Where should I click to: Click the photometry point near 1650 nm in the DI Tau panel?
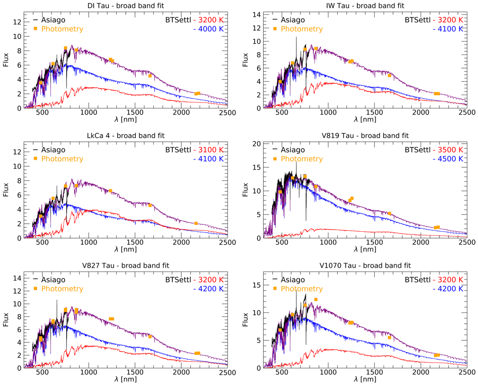(150, 76)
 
